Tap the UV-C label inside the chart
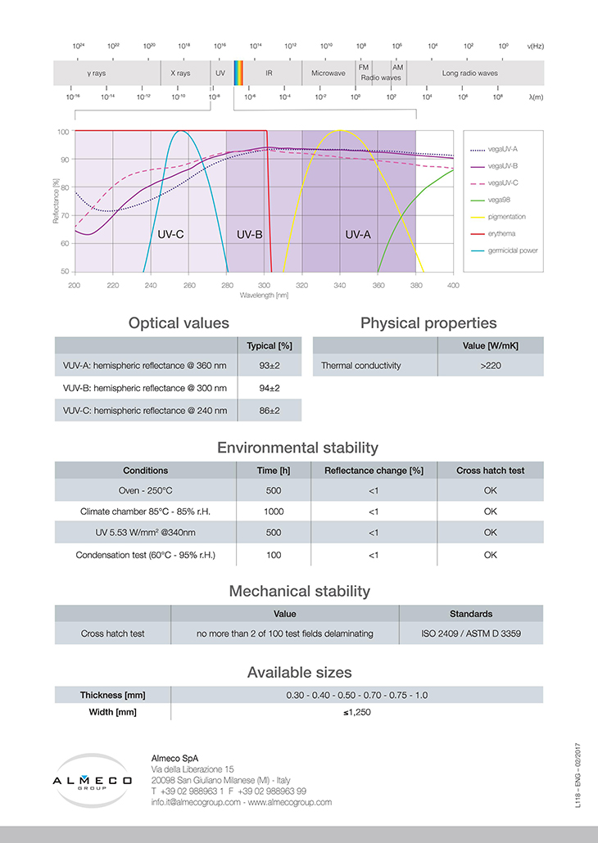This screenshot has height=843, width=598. pyautogui.click(x=170, y=234)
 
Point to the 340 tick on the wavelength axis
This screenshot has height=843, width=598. pyautogui.click(x=339, y=285)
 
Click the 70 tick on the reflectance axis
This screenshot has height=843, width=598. pyautogui.click(x=64, y=215)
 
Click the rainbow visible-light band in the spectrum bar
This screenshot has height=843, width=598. pyautogui.click(x=239, y=73)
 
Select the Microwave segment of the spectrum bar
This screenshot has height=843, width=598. pyautogui.click(x=328, y=73)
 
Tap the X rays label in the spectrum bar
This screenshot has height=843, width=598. pyautogui.click(x=180, y=73)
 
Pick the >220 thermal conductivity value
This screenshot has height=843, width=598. pyautogui.click(x=491, y=365)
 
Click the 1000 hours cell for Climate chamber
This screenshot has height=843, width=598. pyautogui.click(x=274, y=511)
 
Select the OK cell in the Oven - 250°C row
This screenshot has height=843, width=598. pyautogui.click(x=490, y=490)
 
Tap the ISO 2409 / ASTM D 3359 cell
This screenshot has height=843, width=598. pyautogui.click(x=471, y=633)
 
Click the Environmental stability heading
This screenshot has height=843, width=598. pyautogui.click(x=297, y=448)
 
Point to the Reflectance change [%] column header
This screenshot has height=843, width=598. pyautogui.click(x=373, y=471)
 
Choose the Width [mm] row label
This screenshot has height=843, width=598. pyautogui.click(x=112, y=712)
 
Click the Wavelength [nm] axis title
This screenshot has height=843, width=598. pyautogui.click(x=264, y=294)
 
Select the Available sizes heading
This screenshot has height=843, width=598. pyautogui.click(x=299, y=673)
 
